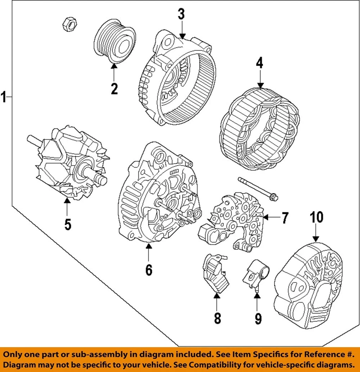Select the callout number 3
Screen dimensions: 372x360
181,14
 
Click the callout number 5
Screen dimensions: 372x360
67,224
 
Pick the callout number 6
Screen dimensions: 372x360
149,269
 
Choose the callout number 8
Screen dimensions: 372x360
217,318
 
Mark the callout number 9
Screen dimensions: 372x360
258,319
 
